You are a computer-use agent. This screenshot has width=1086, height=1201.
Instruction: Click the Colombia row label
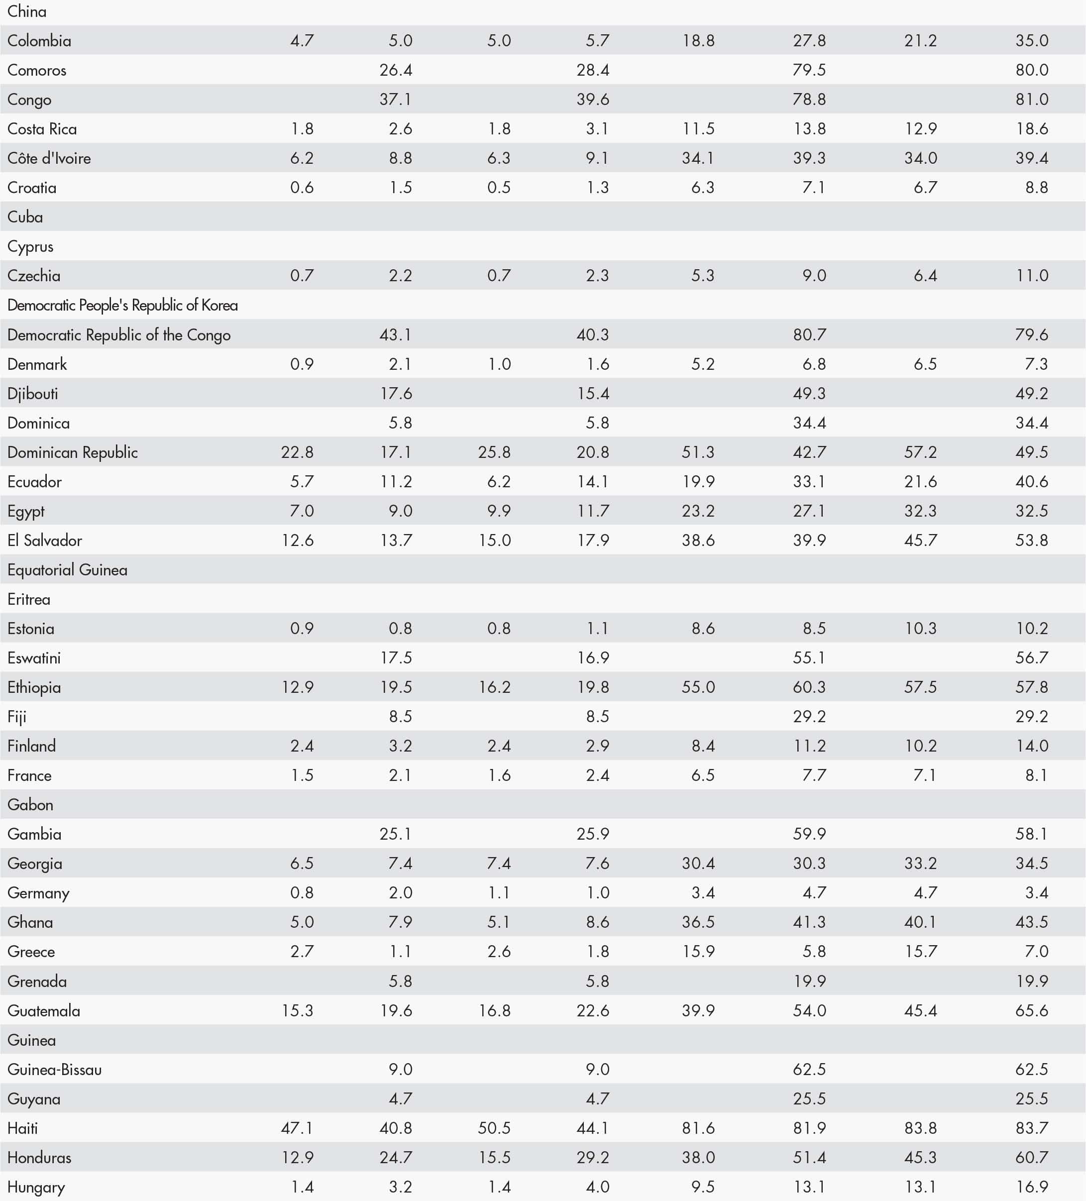(x=39, y=40)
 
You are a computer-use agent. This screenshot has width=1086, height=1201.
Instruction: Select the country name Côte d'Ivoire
(x=49, y=158)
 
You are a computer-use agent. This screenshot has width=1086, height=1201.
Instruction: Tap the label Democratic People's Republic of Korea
(x=122, y=305)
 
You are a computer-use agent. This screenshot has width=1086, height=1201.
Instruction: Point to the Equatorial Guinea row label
(x=67, y=570)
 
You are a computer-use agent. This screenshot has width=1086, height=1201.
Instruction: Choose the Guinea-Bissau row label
(x=54, y=1069)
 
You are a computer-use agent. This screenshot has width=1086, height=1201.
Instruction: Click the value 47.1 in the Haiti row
(x=297, y=1128)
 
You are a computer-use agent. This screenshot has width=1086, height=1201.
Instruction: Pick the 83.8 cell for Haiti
(x=920, y=1128)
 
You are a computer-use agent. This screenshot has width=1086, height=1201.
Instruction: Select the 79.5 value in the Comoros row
(x=809, y=70)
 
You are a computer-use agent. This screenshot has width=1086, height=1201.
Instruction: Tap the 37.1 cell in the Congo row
(x=396, y=100)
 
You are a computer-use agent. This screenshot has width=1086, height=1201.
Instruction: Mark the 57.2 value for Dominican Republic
(x=920, y=452)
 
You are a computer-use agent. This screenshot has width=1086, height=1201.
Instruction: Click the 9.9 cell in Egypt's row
(x=499, y=511)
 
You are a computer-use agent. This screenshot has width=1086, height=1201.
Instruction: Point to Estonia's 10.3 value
(x=920, y=629)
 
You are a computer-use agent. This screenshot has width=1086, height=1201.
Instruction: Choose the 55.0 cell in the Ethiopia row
(x=698, y=687)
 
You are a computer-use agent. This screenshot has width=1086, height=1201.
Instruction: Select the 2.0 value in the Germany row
(x=400, y=892)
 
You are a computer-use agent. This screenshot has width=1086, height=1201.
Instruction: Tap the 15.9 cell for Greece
(x=698, y=951)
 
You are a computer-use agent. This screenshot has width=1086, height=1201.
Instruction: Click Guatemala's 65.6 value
(x=1031, y=1010)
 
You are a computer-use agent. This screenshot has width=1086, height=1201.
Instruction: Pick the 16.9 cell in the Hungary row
(x=1031, y=1187)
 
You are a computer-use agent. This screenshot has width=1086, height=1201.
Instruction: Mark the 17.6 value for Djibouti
(x=396, y=393)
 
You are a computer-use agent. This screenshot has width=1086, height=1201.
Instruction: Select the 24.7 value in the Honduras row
(x=396, y=1158)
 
